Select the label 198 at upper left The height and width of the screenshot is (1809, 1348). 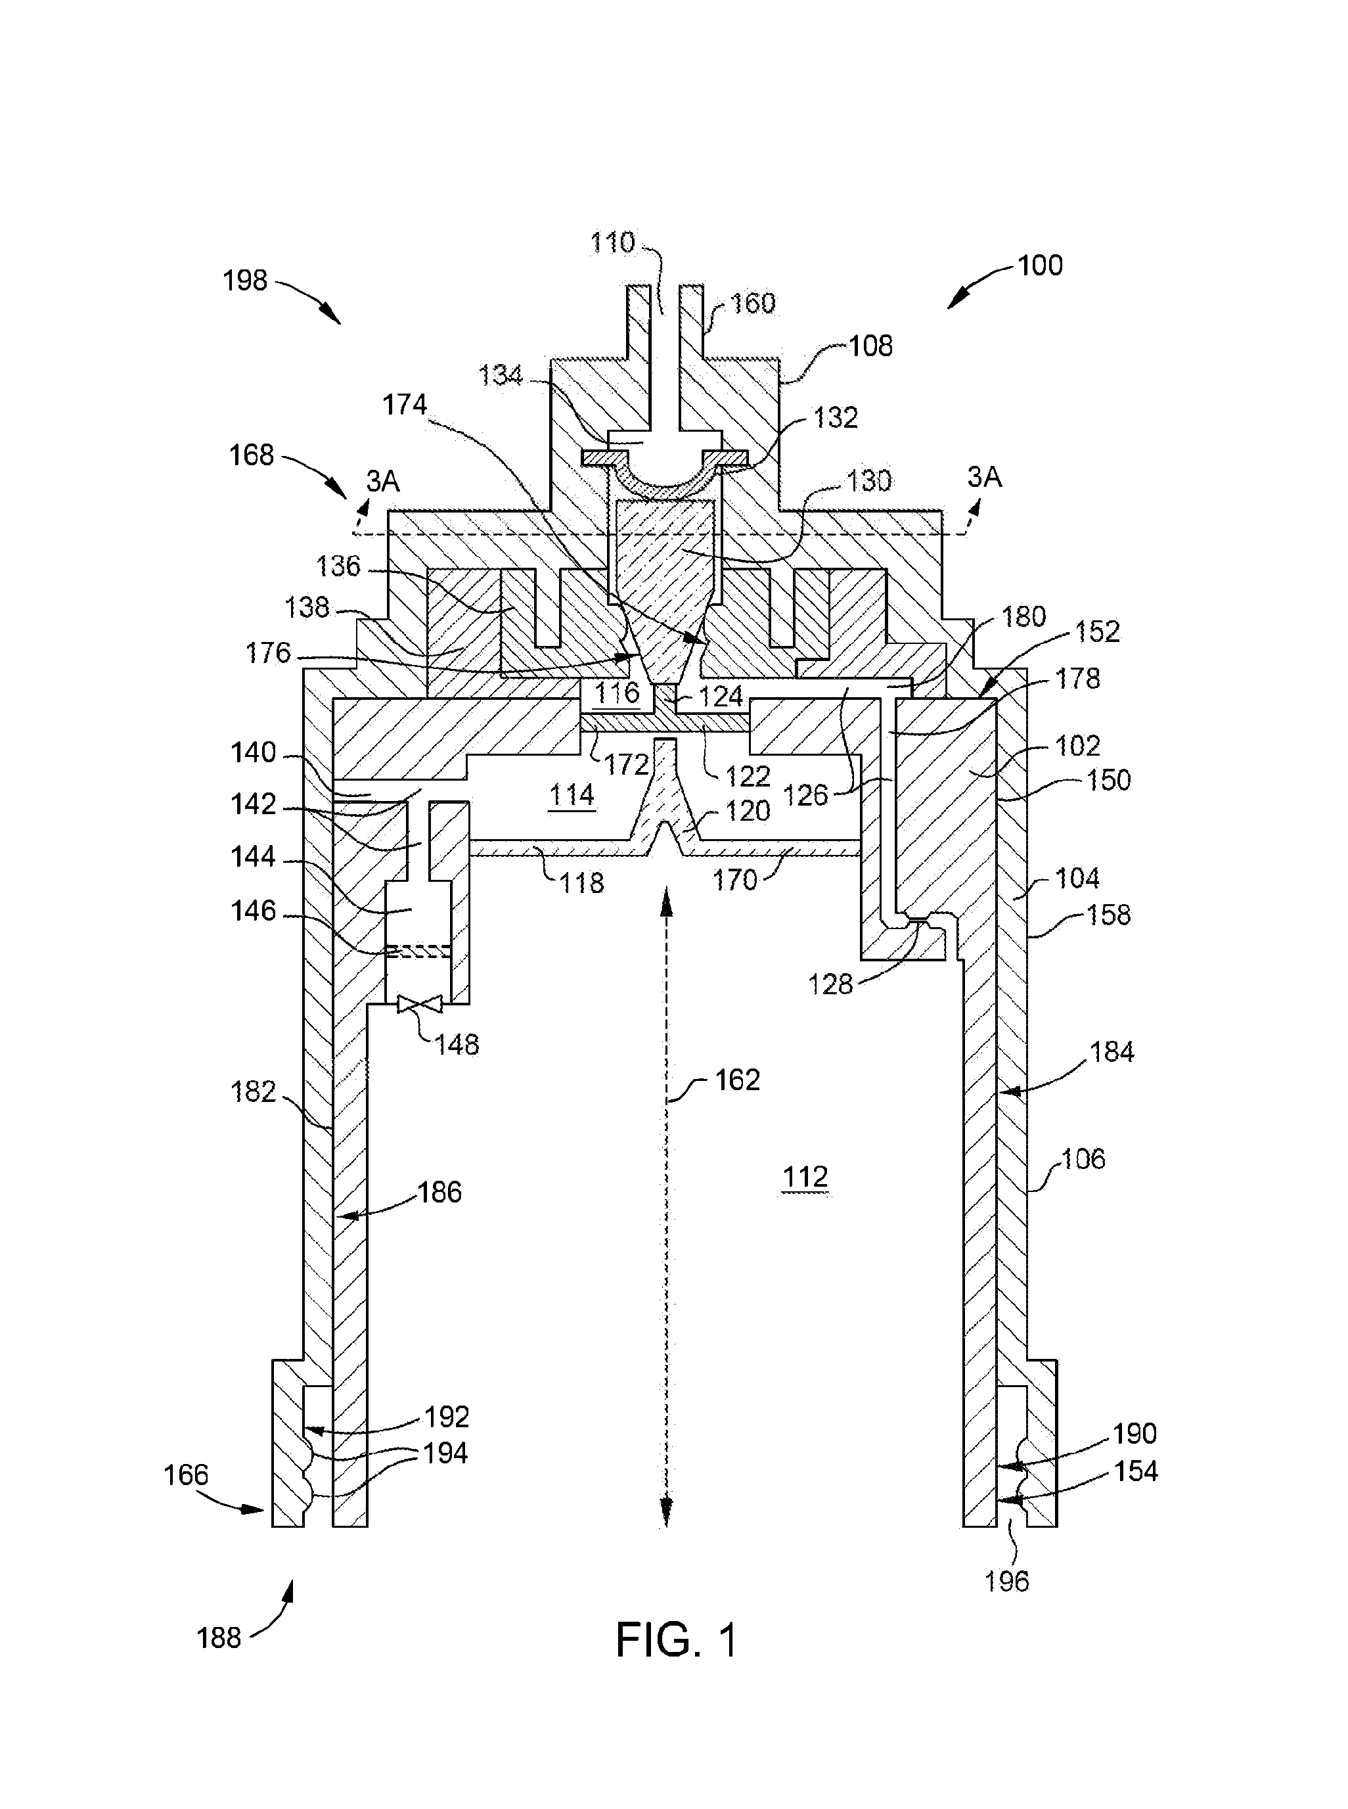(245, 281)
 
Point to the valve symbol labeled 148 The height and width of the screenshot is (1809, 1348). (419, 1003)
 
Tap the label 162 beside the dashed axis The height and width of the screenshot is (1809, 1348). (737, 1080)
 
